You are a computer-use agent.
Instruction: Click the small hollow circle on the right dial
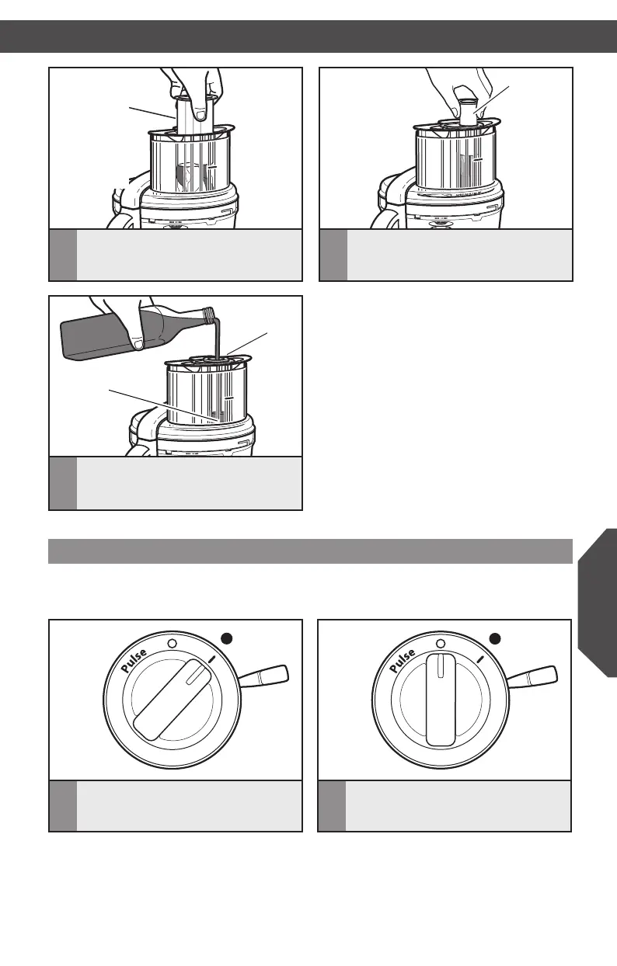(x=441, y=644)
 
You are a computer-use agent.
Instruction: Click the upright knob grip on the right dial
(x=441, y=699)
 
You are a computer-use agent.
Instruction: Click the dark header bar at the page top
(x=308, y=36)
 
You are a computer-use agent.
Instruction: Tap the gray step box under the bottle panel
(x=63, y=483)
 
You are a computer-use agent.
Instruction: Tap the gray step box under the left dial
(x=63, y=805)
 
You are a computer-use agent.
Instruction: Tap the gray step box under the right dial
(x=333, y=805)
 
